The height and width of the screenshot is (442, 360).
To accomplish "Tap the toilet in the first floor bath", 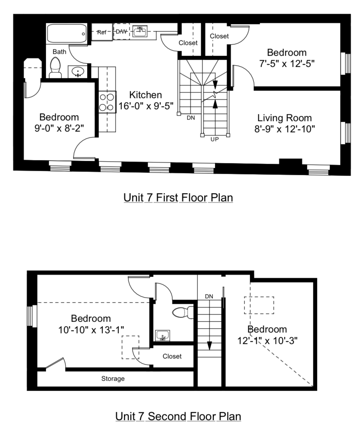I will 55,68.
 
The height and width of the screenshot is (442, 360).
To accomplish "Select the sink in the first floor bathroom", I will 78,71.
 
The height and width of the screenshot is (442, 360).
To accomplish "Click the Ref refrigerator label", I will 102,32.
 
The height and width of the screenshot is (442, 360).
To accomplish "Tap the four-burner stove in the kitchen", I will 107,102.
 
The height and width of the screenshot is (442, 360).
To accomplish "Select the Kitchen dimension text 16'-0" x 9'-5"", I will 146,106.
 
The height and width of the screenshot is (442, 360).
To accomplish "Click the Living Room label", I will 285,118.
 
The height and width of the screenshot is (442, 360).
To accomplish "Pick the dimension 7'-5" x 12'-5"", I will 286,64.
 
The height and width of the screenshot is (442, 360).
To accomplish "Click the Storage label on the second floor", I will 113,379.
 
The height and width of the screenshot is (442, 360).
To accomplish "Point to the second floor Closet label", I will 172,356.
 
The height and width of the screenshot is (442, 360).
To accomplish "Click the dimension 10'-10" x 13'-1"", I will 91,329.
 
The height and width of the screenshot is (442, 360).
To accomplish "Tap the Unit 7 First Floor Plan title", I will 178,198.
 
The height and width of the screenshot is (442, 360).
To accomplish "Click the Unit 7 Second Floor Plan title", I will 178,416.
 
